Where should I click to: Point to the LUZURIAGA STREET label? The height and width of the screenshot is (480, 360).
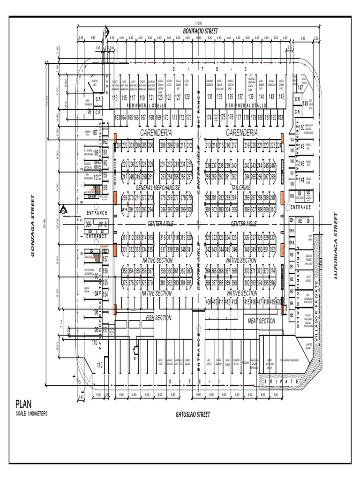coord(336,246)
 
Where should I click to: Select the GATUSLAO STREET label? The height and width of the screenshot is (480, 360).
coord(193,414)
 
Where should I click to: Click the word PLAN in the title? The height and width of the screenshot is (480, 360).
coord(24,404)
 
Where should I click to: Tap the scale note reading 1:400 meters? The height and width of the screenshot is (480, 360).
coord(31,414)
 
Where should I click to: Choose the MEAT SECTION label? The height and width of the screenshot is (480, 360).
coord(261,321)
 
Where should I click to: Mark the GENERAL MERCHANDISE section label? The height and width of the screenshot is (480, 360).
coord(157,187)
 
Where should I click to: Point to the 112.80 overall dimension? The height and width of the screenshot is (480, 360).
coord(198,23)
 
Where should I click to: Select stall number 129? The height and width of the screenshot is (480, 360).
coord(187,97)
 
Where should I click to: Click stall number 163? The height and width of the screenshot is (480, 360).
coord(117,118)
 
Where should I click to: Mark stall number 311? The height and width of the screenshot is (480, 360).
coord(125,239)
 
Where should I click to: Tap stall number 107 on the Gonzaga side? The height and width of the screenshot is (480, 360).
coord(95,133)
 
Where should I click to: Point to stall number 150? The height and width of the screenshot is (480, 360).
coord(302,128)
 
